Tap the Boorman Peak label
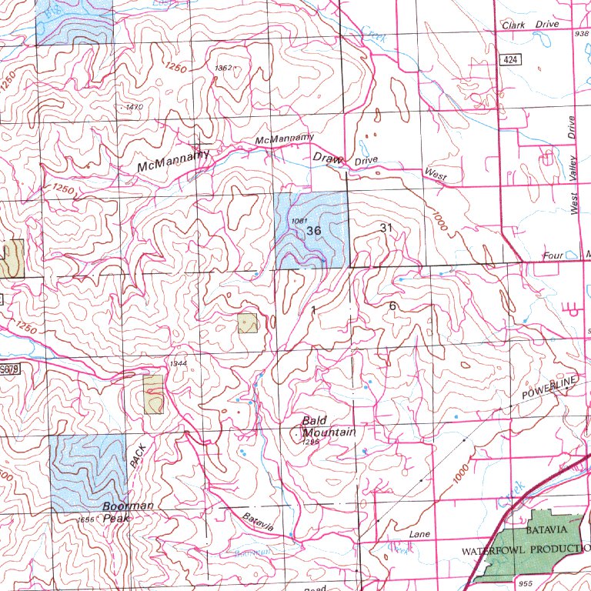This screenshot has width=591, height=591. [129, 512]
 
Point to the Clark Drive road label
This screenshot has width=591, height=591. [530, 25]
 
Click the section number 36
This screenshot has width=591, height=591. [313, 231]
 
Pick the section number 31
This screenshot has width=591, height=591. [386, 228]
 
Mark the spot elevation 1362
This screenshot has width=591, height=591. [223, 68]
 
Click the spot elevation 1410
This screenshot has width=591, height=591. [135, 107]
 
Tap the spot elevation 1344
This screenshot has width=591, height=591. [178, 363]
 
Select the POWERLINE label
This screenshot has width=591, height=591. [549, 389]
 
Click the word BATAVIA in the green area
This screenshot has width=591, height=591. [546, 531]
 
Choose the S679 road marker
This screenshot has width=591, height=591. [8, 371]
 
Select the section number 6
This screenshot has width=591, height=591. [392, 306]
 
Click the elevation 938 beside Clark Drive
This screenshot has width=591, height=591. [581, 34]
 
